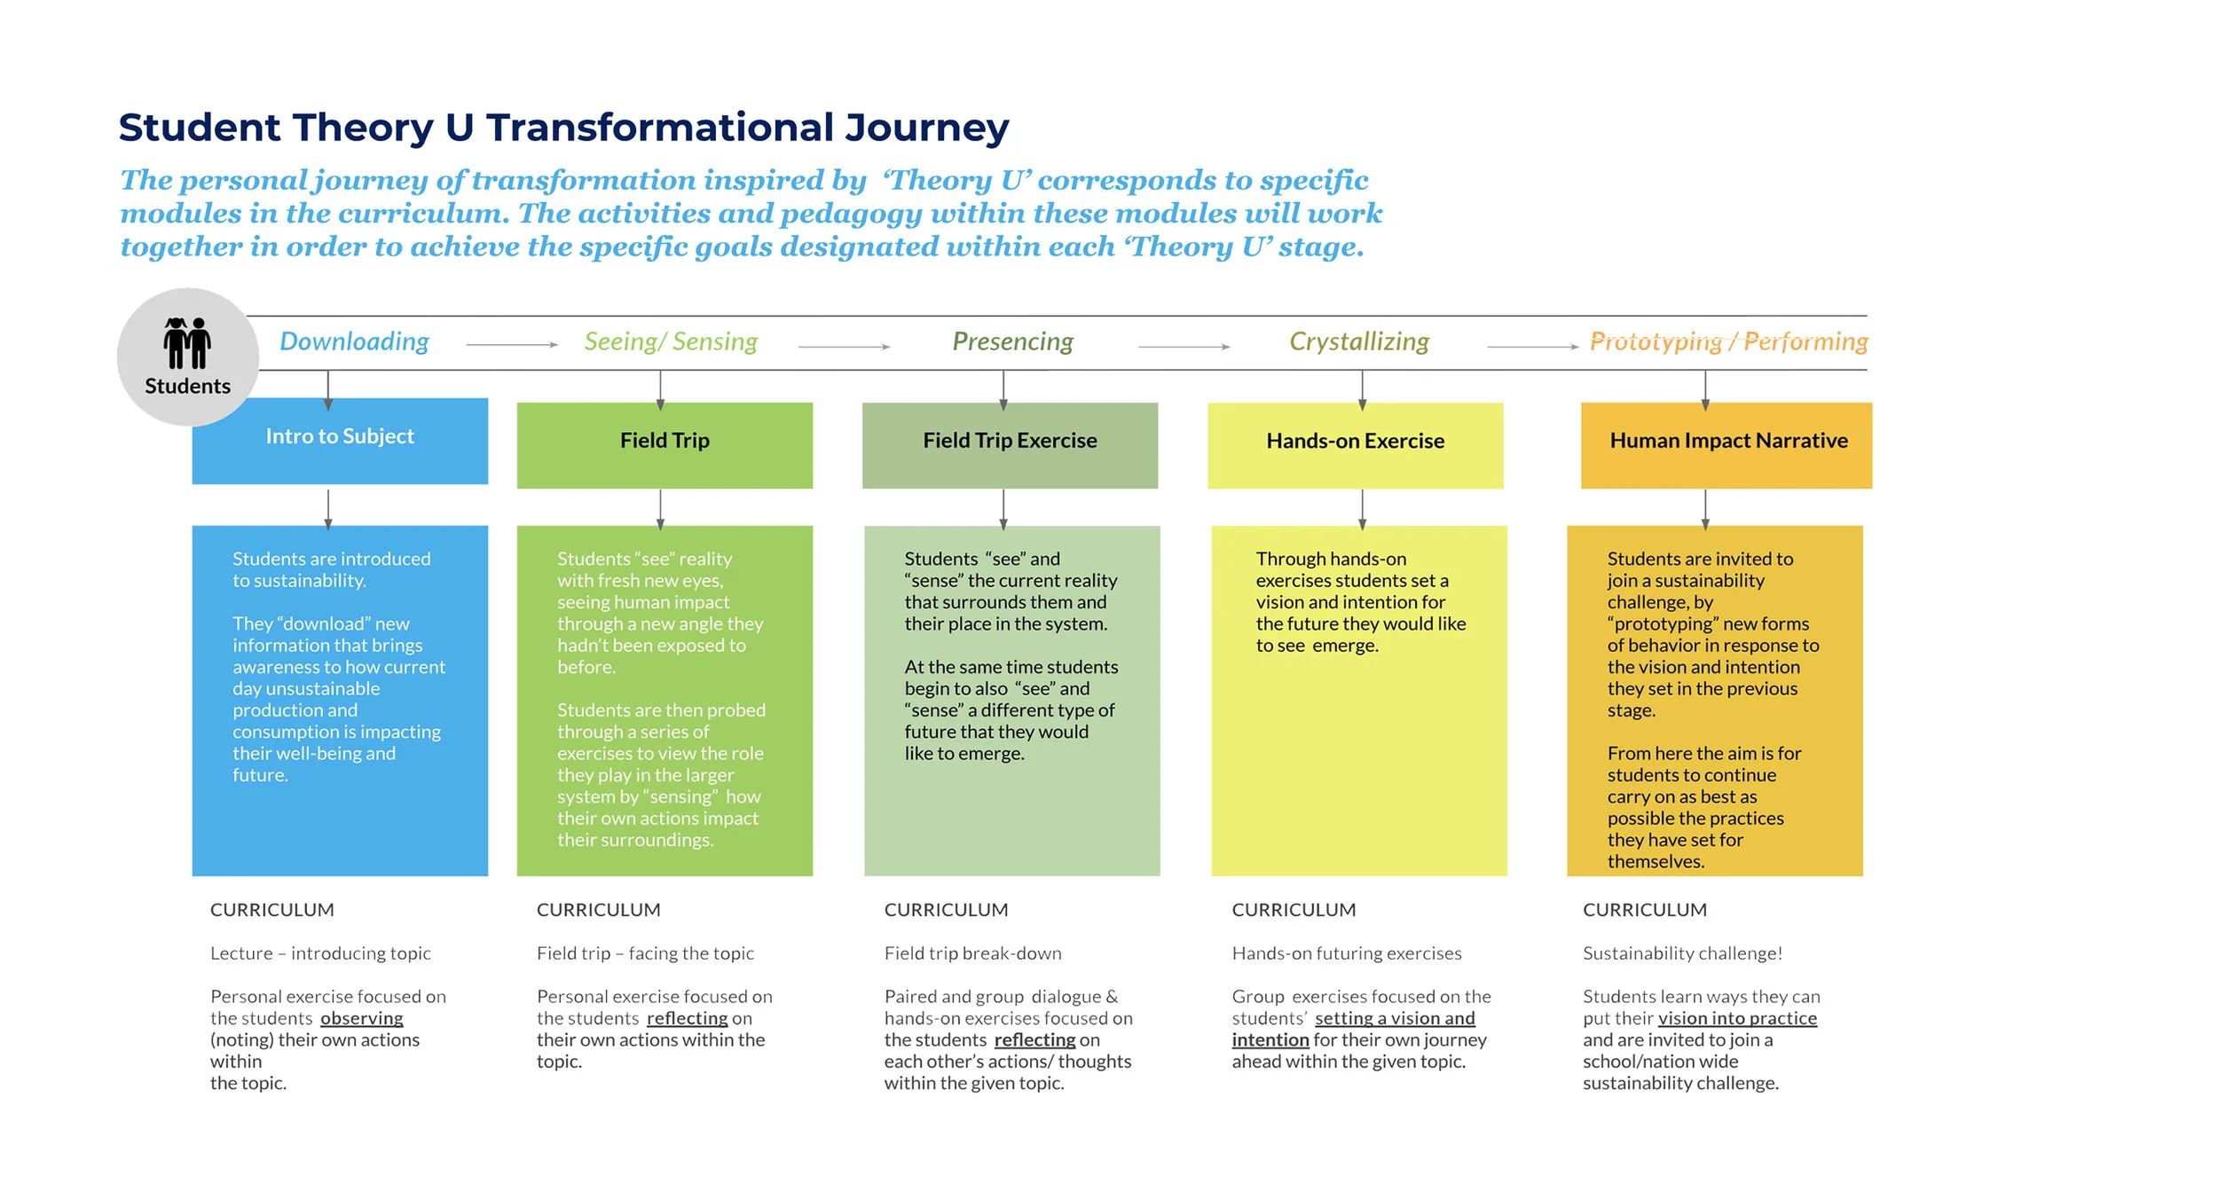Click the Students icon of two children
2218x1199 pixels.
click(x=186, y=342)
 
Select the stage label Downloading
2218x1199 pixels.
click(x=354, y=341)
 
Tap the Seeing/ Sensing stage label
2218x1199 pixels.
click(x=671, y=341)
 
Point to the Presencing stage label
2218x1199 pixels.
click(x=1012, y=341)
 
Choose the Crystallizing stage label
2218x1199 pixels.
click(x=1358, y=341)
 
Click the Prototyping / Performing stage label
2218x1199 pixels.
click(x=1728, y=341)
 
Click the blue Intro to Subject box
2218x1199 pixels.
click(x=340, y=441)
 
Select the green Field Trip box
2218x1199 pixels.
click(x=665, y=444)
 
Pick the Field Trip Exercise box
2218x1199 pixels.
click(x=1010, y=444)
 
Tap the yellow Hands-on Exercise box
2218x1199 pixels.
click(x=1355, y=444)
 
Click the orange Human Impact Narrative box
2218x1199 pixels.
click(x=1726, y=444)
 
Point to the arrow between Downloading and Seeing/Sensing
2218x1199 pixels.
click(x=512, y=345)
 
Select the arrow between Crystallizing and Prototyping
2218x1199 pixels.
click(x=1532, y=347)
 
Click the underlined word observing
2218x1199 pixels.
click(x=361, y=1018)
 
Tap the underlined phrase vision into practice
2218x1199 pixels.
click(x=1736, y=1018)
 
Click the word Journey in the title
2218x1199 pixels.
click(x=926, y=128)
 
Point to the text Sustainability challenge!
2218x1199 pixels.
click(x=1682, y=953)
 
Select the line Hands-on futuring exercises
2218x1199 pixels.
click(x=1346, y=953)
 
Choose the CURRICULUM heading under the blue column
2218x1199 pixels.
click(x=272, y=910)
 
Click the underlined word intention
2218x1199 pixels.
click(x=1270, y=1039)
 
